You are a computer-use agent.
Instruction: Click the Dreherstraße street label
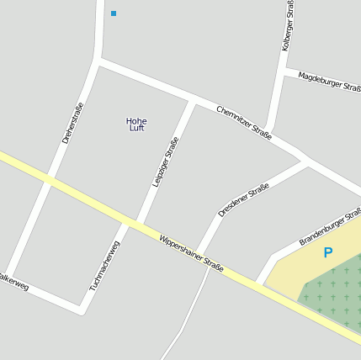pyautogui.click(x=73, y=123)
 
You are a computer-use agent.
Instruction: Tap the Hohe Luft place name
pyautogui.click(x=136, y=124)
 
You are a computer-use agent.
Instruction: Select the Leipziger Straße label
pyautogui.click(x=166, y=161)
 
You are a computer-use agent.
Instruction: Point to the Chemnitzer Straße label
pyautogui.click(x=244, y=123)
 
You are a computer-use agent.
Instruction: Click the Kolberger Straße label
pyautogui.click(x=288, y=27)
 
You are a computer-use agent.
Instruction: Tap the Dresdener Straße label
pyautogui.click(x=243, y=200)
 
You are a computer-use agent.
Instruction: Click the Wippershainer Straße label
pyautogui.click(x=192, y=253)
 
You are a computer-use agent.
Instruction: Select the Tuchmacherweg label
pyautogui.click(x=105, y=267)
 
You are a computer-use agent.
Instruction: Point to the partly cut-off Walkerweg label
pyautogui.click(x=13, y=282)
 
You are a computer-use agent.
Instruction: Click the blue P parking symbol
pyautogui.click(x=328, y=252)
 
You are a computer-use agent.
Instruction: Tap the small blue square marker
pyautogui.click(x=114, y=13)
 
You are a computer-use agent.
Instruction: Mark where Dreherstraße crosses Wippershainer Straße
pyautogui.click(x=49, y=180)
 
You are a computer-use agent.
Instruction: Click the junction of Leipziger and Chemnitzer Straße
pyautogui.click(x=192, y=101)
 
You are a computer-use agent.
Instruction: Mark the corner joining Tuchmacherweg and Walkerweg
pyautogui.click(x=82, y=311)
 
